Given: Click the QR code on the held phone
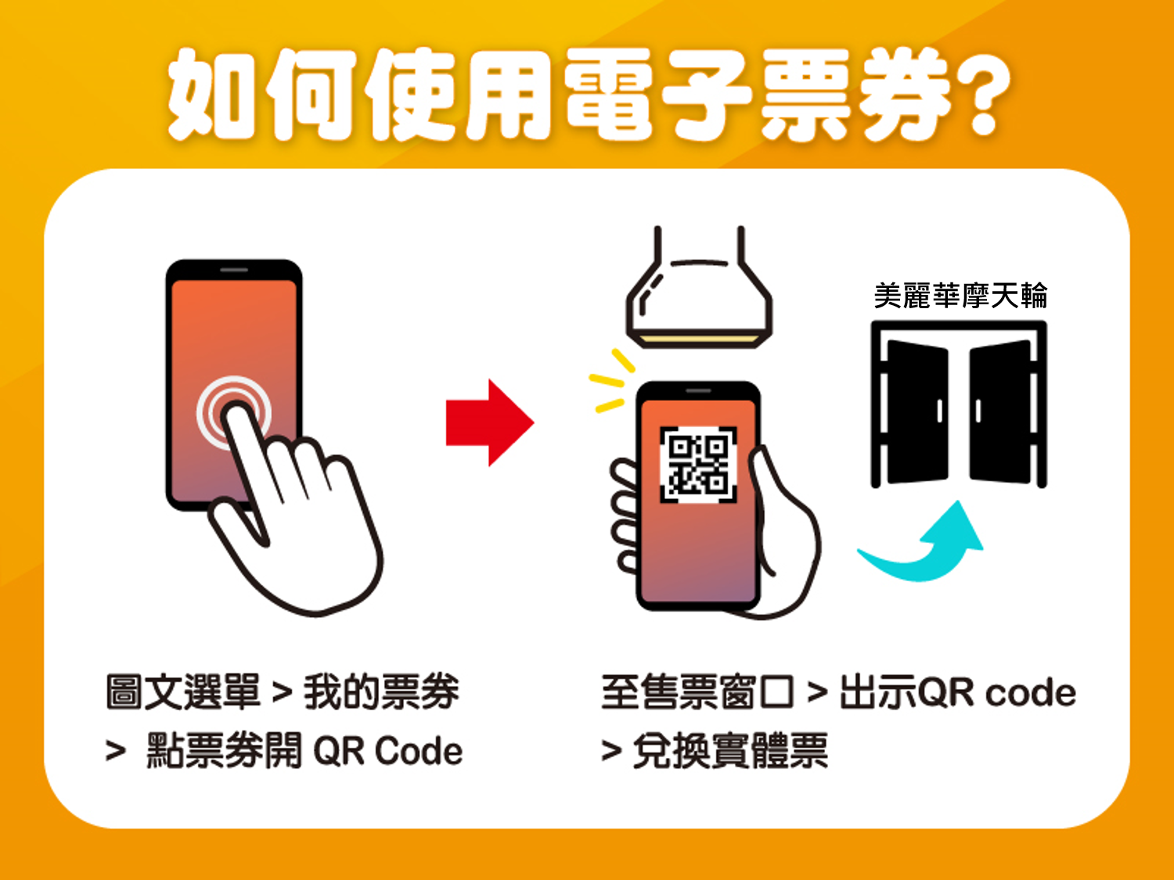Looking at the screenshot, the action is [x=698, y=465].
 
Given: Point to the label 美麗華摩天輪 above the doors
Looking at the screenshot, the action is [x=960, y=296].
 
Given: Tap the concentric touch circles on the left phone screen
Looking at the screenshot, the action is [x=234, y=412].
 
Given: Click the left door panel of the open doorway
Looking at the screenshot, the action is [x=918, y=411].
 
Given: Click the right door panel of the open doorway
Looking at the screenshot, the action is [x=1000, y=411].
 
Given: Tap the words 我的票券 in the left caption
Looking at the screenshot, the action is [x=381, y=692].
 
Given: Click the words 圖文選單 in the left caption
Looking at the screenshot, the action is [x=183, y=692].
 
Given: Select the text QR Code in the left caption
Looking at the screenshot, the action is [x=387, y=751].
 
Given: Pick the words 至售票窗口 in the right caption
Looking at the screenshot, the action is [x=697, y=692].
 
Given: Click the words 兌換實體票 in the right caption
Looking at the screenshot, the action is [x=730, y=751].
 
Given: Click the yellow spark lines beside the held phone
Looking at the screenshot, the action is [x=612, y=380].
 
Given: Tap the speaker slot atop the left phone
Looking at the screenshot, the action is [x=234, y=270].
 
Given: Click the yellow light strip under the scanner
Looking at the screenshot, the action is [x=699, y=339].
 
